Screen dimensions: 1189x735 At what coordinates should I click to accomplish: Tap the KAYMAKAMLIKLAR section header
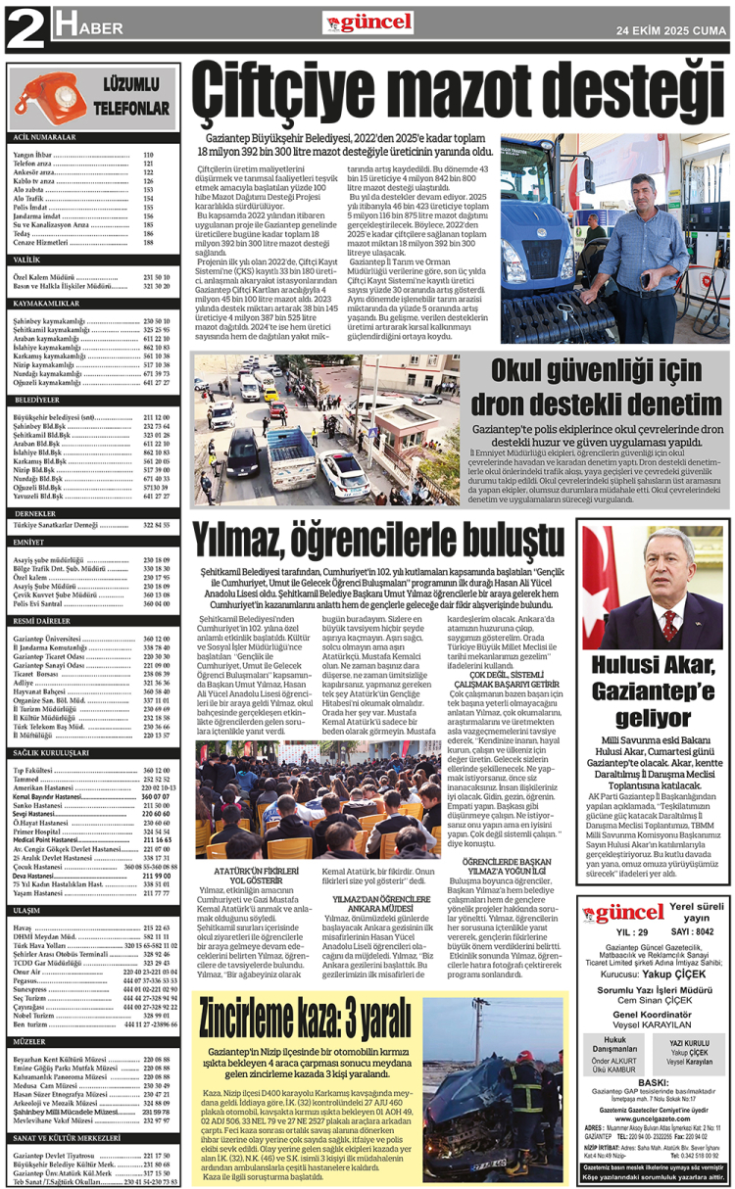pos(49,304)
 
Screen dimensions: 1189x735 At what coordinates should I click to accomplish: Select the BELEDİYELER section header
pos(38,401)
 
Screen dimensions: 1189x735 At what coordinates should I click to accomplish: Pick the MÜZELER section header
pos(30,1042)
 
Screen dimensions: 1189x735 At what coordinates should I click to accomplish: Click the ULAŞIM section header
pos(27,910)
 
